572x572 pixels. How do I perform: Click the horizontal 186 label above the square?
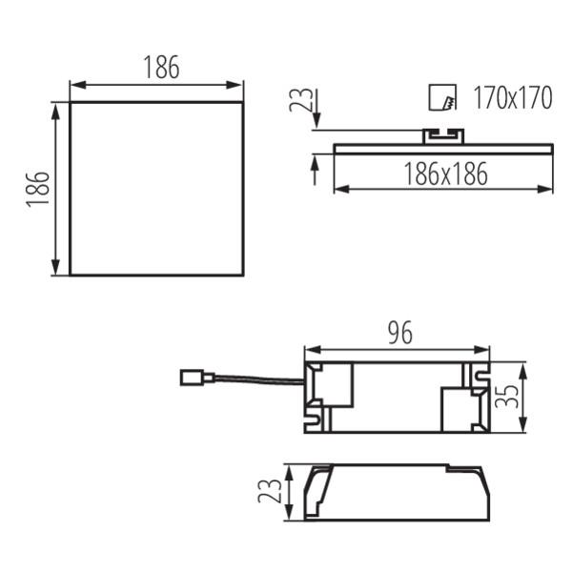(162, 67)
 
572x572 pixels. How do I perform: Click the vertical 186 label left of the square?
(38, 190)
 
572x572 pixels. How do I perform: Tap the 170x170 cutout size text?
(513, 98)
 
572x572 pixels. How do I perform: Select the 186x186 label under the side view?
(445, 174)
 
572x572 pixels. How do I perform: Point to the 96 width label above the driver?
(400, 333)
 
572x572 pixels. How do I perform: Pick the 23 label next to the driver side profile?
(270, 491)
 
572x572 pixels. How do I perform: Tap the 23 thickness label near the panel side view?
(301, 99)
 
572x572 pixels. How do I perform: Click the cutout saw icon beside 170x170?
(442, 97)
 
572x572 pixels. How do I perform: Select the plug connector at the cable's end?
(197, 378)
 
